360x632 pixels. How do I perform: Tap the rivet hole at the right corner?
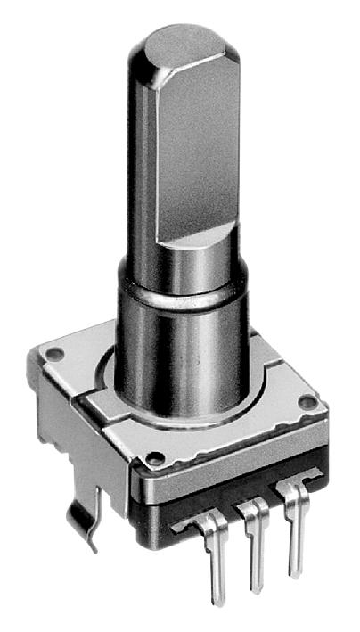307,403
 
